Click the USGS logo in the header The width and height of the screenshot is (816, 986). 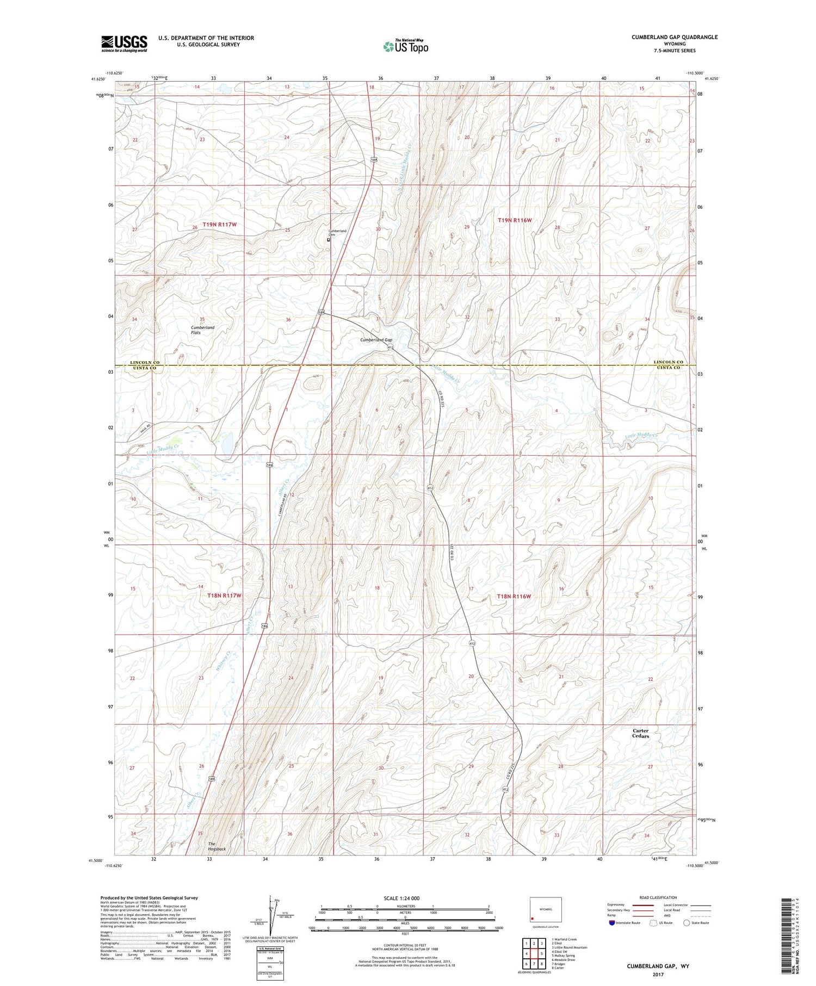[124, 44]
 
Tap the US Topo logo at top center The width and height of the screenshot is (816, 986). [405, 46]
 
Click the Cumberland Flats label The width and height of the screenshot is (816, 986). [202, 330]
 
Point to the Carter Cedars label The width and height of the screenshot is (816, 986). [640, 733]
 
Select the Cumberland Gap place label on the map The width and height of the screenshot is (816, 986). [376, 340]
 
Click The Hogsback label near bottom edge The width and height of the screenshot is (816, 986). [217, 846]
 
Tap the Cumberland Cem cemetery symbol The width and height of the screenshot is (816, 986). [329, 240]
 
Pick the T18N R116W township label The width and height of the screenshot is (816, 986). [514, 597]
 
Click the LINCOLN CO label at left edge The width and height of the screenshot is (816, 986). [145, 362]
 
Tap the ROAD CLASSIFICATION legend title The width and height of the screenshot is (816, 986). [658, 897]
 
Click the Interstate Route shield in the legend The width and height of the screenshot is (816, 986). [612, 923]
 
